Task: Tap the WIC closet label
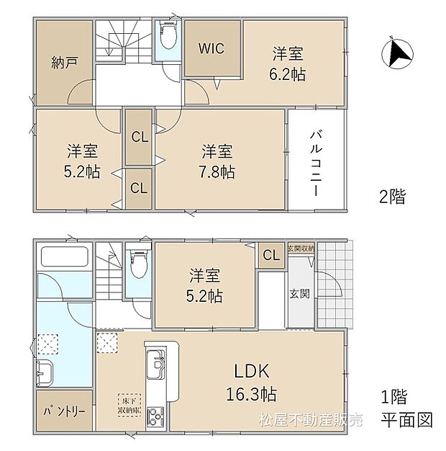coord(212,49)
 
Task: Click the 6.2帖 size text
coord(286,74)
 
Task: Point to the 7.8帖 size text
coord(217,172)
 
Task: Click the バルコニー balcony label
coord(315,159)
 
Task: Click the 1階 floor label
coord(394,396)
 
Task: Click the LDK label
coord(250,372)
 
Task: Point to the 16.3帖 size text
coord(250,396)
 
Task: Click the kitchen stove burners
coord(156,416)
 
